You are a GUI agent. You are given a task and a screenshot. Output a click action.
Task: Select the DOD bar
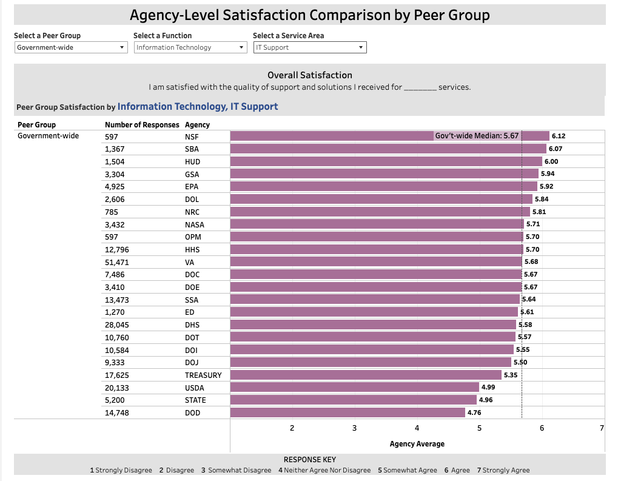[348, 413]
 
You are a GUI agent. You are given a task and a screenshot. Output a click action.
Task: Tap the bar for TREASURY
[366, 375]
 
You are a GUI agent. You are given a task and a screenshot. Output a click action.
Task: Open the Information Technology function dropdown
[190, 47]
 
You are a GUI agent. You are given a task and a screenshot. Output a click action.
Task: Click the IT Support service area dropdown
[309, 47]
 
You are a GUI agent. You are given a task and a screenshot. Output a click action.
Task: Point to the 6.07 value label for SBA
[556, 149]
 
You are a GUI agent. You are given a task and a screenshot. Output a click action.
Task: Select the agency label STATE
[195, 400]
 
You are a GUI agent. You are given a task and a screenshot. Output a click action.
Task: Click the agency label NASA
[195, 224]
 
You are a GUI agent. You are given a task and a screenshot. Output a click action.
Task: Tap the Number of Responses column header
[142, 125]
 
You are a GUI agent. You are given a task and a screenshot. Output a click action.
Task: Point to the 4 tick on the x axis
[417, 428]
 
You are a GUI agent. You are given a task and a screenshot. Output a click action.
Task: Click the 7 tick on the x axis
[602, 428]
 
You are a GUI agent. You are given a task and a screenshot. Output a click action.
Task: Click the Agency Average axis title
[417, 444]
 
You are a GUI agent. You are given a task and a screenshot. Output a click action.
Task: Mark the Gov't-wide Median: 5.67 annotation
[477, 136]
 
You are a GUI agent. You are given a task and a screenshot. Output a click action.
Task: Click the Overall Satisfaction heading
[309, 75]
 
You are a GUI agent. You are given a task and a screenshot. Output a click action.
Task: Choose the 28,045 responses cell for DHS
[116, 325]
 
